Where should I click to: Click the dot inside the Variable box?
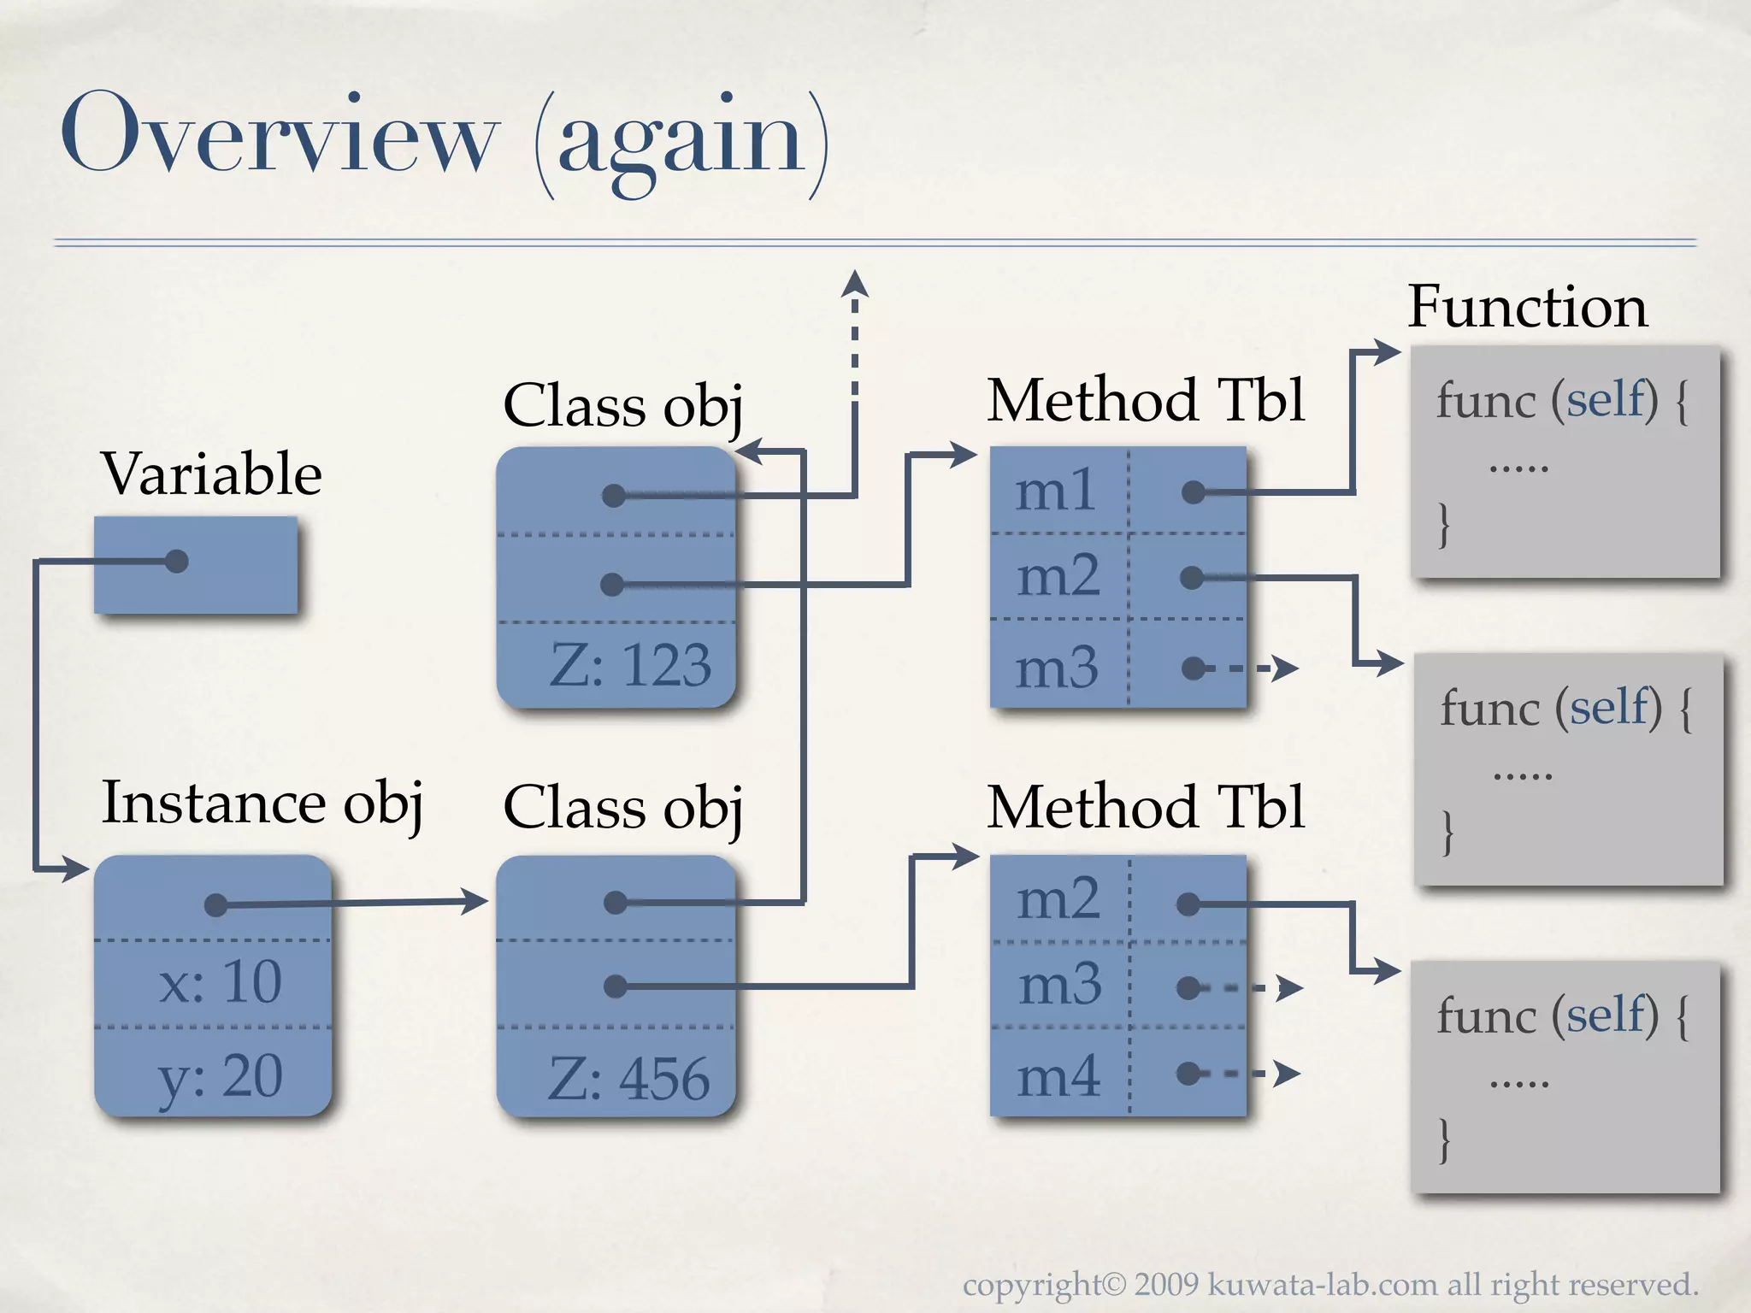[176, 562]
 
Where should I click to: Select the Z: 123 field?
[630, 665]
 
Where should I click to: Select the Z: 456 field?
[628, 1078]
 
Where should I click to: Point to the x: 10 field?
[220, 981]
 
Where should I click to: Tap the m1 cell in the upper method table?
[1056, 491]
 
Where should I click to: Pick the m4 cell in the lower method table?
[1058, 1075]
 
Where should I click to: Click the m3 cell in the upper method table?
[1057, 668]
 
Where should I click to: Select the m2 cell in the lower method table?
[1058, 899]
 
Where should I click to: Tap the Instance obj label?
[262, 803]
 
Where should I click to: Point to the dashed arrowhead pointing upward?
[854, 284]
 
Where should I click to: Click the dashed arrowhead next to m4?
[1287, 1073]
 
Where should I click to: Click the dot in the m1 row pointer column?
[1193, 492]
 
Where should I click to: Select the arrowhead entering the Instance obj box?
[77, 869]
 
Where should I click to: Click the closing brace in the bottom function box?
[1444, 1139]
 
